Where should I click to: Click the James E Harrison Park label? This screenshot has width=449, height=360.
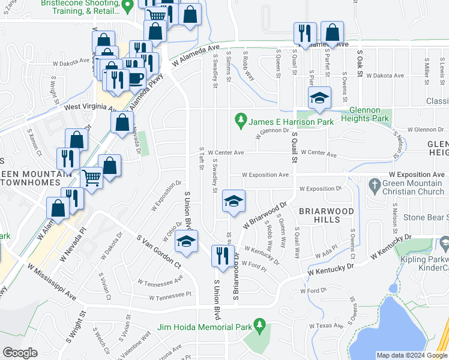click(291, 122)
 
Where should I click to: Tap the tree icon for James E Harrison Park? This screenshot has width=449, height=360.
click(241, 121)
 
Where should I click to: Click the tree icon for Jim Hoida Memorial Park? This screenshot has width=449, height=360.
click(260, 326)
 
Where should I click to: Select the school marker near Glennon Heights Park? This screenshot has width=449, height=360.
click(320, 98)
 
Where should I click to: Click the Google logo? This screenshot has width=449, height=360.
click(20, 353)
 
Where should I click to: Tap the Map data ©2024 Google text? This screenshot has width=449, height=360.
click(411, 355)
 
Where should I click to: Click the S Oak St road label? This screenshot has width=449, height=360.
click(361, 62)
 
